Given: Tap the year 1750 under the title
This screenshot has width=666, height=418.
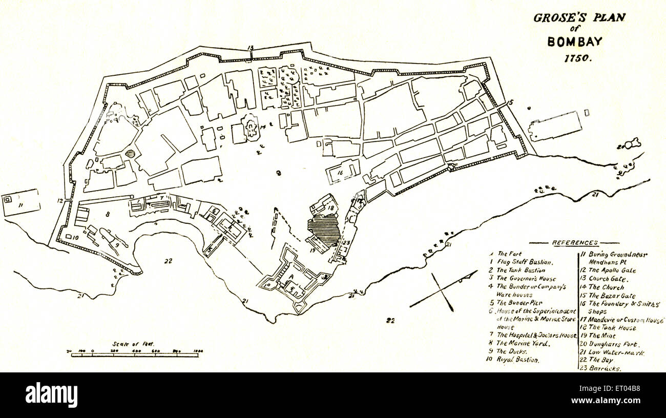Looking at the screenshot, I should point(578,58).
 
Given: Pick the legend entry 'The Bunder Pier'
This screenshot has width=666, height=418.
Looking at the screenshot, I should point(517,303).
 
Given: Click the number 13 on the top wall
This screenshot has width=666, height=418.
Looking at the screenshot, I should point(251,48).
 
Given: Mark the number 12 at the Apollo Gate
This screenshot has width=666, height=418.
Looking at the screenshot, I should point(60,201).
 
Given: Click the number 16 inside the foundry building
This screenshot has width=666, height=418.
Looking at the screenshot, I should point(340,173).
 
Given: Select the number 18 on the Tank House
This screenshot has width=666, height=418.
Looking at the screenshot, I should point(330,208).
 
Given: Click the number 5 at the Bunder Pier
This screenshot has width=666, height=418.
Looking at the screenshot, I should point(511,102).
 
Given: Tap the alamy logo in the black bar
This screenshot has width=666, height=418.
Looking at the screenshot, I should point(51,394).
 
